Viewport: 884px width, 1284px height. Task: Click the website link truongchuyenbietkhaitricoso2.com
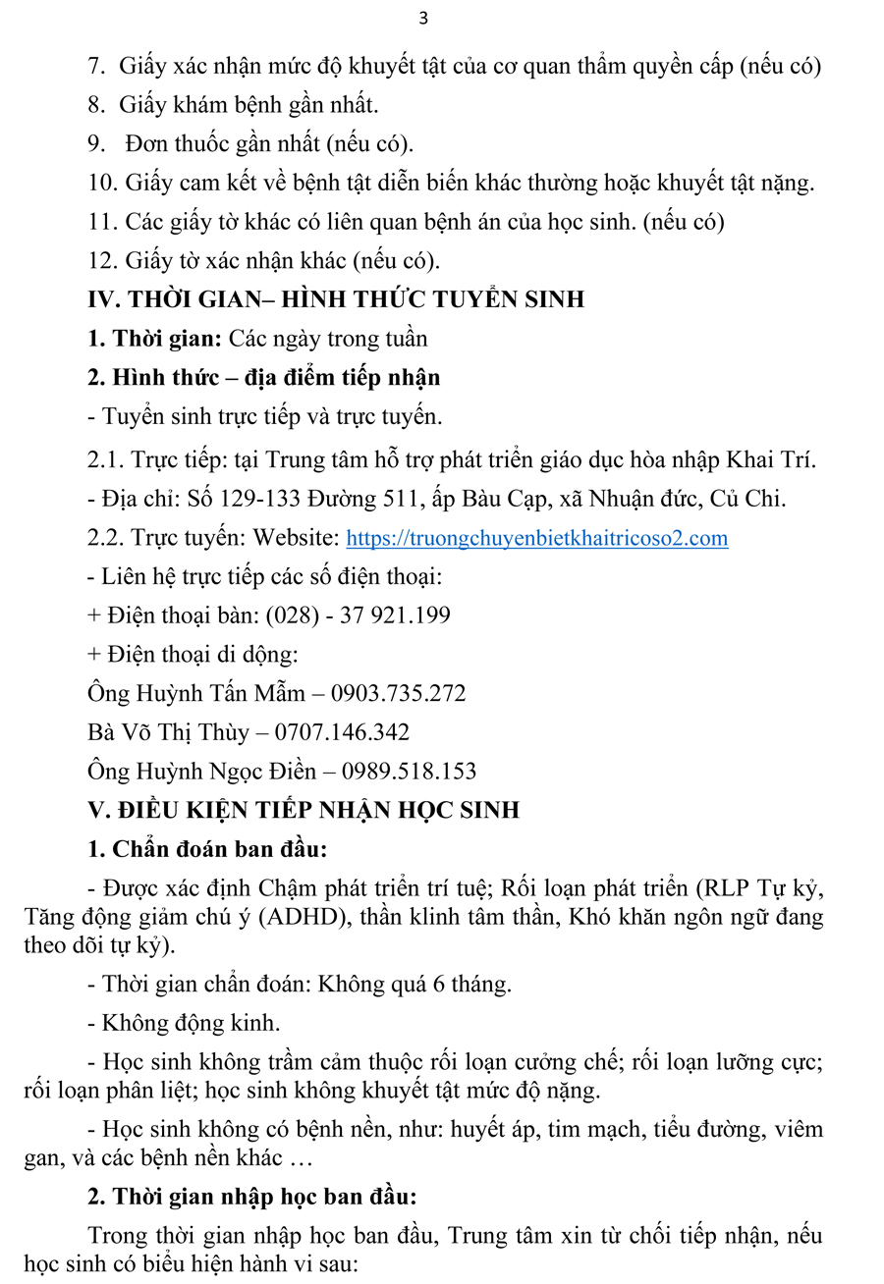(x=537, y=538)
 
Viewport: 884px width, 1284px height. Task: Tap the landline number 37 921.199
(x=395, y=615)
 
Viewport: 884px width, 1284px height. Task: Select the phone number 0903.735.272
(x=398, y=693)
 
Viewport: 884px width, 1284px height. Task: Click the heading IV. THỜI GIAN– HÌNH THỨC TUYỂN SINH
(x=336, y=299)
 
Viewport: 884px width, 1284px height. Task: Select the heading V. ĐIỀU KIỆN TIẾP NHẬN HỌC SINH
(x=304, y=810)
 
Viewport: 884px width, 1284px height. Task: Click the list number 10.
(x=101, y=183)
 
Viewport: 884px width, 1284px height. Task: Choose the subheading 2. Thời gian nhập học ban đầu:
(x=252, y=1198)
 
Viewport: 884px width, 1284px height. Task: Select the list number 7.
(x=96, y=67)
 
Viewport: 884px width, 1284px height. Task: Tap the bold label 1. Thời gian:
(x=154, y=339)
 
